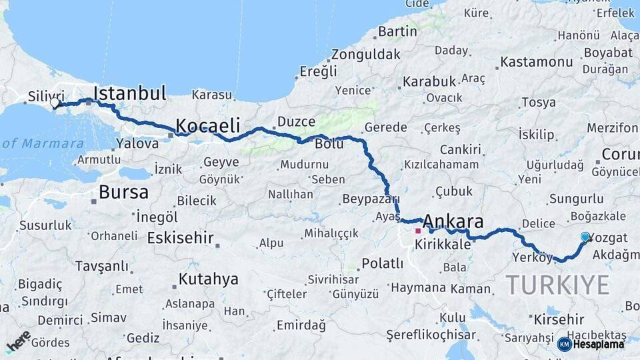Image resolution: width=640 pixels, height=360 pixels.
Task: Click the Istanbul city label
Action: [x=130, y=93]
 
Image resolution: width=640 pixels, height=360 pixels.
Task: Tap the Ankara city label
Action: [x=453, y=222]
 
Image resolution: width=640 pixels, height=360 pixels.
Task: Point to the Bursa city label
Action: [x=123, y=193]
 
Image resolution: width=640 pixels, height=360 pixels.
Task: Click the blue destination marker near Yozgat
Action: [x=585, y=237]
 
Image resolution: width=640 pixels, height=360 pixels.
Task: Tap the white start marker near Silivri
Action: [x=55, y=103]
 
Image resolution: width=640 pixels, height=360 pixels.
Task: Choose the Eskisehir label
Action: [x=180, y=238]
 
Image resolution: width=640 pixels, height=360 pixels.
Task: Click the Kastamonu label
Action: [x=536, y=62]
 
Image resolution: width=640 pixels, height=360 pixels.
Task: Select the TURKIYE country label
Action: [x=557, y=285]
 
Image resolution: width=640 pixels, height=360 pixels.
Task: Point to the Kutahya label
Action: [x=208, y=279]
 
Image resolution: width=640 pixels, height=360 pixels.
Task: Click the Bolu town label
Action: [x=329, y=143]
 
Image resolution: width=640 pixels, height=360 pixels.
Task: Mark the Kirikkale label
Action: [x=443, y=245]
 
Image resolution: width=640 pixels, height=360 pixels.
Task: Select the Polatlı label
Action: [x=381, y=263]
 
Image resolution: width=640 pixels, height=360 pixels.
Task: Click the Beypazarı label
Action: [x=371, y=199]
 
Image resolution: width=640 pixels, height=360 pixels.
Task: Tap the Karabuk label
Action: [x=429, y=81]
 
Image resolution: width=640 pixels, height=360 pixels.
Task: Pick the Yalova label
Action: [x=137, y=143]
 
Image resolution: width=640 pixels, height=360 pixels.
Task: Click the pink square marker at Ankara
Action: [x=418, y=231]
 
